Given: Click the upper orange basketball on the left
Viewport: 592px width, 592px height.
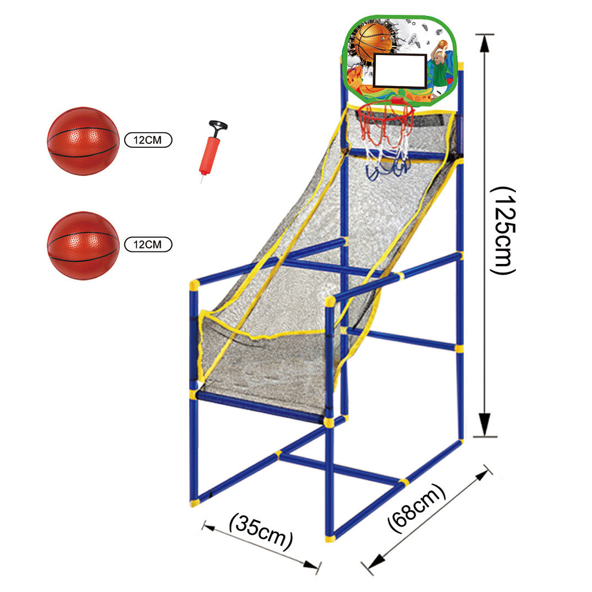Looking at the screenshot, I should click(x=83, y=141).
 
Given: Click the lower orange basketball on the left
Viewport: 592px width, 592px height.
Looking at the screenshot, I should click(x=83, y=245).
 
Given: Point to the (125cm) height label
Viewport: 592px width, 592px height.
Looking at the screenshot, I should click(x=503, y=230).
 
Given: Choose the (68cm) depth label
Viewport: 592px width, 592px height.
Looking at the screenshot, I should click(x=417, y=509).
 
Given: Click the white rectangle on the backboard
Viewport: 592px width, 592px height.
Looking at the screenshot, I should click(x=400, y=71).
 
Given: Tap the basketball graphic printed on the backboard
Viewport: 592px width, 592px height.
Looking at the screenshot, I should click(x=373, y=41).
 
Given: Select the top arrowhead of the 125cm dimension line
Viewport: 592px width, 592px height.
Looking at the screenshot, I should click(x=485, y=42).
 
